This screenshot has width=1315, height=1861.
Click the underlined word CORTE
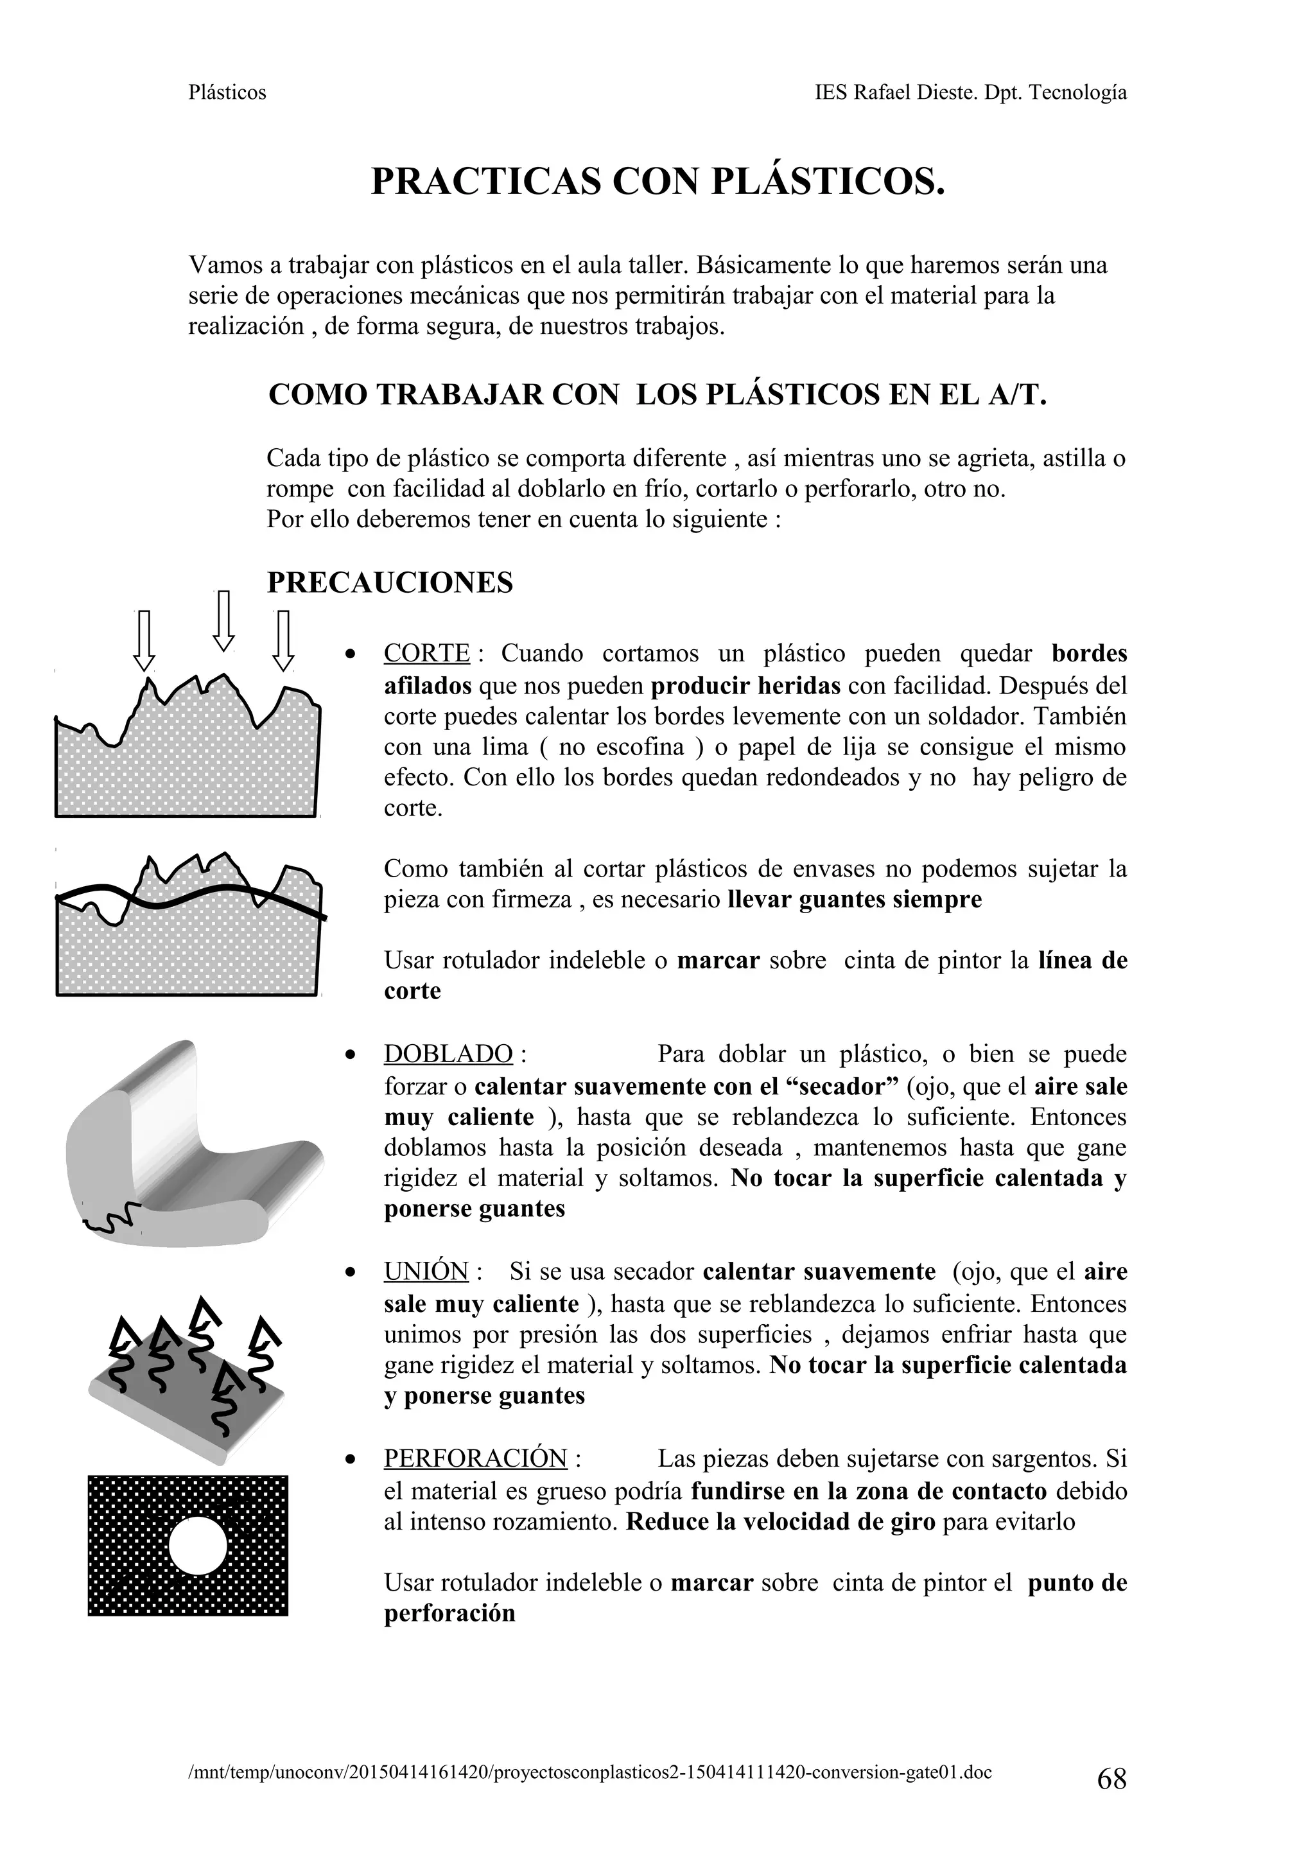(x=426, y=653)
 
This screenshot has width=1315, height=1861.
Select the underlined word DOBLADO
(x=448, y=1054)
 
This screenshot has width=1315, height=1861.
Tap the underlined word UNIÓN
(x=426, y=1271)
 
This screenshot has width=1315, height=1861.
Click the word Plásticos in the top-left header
(x=227, y=92)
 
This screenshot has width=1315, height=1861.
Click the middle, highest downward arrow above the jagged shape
(x=223, y=621)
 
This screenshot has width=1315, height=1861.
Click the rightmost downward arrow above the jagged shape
(x=283, y=640)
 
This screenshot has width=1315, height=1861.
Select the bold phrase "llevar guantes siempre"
(x=855, y=900)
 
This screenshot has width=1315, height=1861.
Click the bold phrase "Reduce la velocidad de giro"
(x=780, y=1521)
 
